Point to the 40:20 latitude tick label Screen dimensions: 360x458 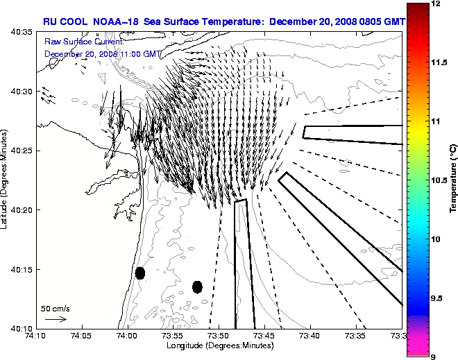pyautogui.click(x=22, y=209)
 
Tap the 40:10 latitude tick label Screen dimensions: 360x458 pyautogui.click(x=22, y=327)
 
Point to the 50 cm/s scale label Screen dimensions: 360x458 pyautogui.click(x=55, y=308)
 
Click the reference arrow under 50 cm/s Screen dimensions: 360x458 pyautogui.click(x=56, y=319)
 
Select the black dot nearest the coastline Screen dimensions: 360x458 pyautogui.click(x=140, y=273)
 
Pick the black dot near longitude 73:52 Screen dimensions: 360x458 pyautogui.click(x=197, y=286)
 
